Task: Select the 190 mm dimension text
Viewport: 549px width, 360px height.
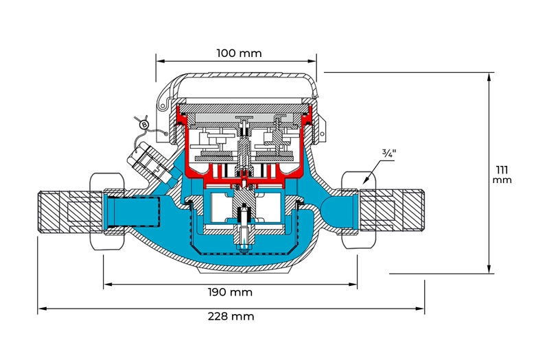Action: click(230, 292)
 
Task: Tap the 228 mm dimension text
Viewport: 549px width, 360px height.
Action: click(231, 316)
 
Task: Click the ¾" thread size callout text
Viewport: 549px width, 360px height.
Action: click(390, 153)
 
